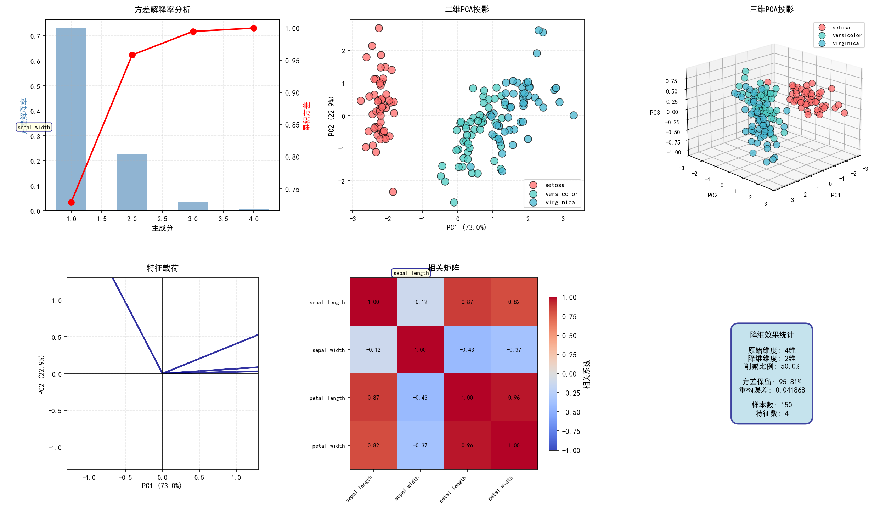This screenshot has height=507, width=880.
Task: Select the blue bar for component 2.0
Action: click(132, 182)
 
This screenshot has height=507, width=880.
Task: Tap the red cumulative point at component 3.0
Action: click(193, 32)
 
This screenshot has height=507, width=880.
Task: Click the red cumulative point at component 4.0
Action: click(254, 28)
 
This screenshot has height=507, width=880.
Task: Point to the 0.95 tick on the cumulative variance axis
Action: click(292, 61)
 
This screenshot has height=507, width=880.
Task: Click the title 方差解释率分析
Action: click(162, 10)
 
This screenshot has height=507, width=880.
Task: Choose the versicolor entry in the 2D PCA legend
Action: click(561, 194)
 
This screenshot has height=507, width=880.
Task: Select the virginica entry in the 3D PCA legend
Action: click(845, 43)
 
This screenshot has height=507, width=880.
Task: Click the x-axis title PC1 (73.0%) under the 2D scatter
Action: click(466, 227)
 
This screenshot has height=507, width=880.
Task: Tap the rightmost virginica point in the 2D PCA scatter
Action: click(574, 115)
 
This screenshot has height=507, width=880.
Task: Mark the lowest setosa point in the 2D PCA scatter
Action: click(393, 192)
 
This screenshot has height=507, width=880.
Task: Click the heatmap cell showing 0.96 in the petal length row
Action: click(514, 398)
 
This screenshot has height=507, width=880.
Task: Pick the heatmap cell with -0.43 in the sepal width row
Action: click(467, 350)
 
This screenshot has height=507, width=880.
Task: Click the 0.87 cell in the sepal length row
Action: click(467, 302)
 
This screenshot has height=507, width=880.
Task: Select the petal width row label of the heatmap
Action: click(328, 446)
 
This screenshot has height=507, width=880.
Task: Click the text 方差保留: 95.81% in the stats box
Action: click(772, 382)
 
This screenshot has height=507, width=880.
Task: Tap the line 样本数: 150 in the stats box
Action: click(772, 405)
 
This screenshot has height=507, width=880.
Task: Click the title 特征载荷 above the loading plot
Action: click(162, 268)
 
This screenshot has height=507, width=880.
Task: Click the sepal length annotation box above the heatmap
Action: click(411, 273)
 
